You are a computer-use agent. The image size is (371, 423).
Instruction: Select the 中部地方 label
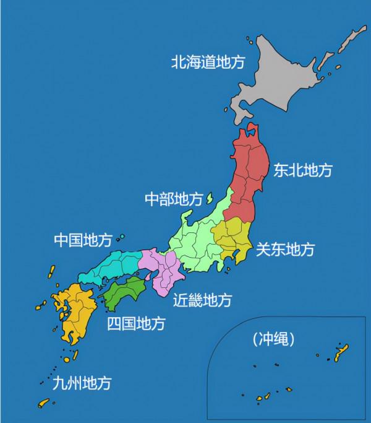pyautogui.click(x=173, y=199)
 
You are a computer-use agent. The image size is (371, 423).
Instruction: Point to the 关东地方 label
pyautogui.click(x=285, y=250)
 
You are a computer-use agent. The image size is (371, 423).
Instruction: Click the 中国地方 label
pyautogui.click(x=83, y=240)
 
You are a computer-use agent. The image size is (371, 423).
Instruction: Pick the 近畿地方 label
pyautogui.click(x=202, y=300)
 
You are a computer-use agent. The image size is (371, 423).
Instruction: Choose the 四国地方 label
pyautogui.click(x=135, y=323)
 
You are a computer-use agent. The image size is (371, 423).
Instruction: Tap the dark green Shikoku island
pyautogui.click(x=127, y=292)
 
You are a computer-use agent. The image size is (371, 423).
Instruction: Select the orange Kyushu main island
pyautogui.click(x=74, y=313)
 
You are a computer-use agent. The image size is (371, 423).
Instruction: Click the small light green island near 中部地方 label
pyautogui.click(x=209, y=198)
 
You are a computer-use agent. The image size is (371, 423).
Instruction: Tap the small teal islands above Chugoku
pyautogui.click(x=121, y=238)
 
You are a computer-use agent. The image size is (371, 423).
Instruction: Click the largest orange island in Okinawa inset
pyautogui.click(x=340, y=353)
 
